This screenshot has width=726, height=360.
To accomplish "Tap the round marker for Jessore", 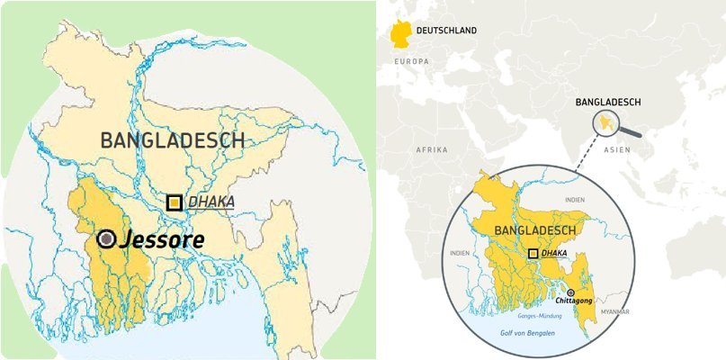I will pos(107,238).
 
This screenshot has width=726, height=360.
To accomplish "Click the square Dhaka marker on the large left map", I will pos(175,203).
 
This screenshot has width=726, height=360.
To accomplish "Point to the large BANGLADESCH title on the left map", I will pos(173,140).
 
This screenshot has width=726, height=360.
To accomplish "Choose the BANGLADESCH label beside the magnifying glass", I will pos(607,103).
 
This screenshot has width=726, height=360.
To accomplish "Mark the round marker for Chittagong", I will pos(570,292).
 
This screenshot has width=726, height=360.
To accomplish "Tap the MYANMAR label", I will pos(614,311).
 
